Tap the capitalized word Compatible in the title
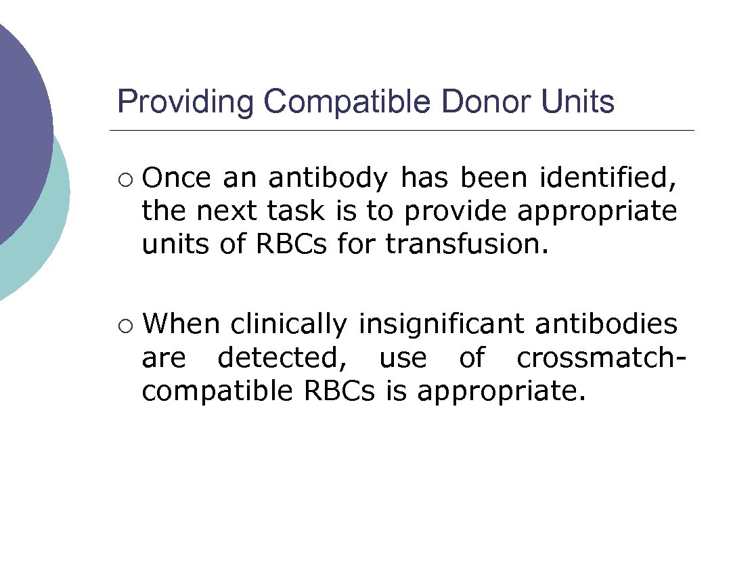347,102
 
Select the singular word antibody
328,178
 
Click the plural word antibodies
606,324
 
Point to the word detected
282,357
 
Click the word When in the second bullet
181,324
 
